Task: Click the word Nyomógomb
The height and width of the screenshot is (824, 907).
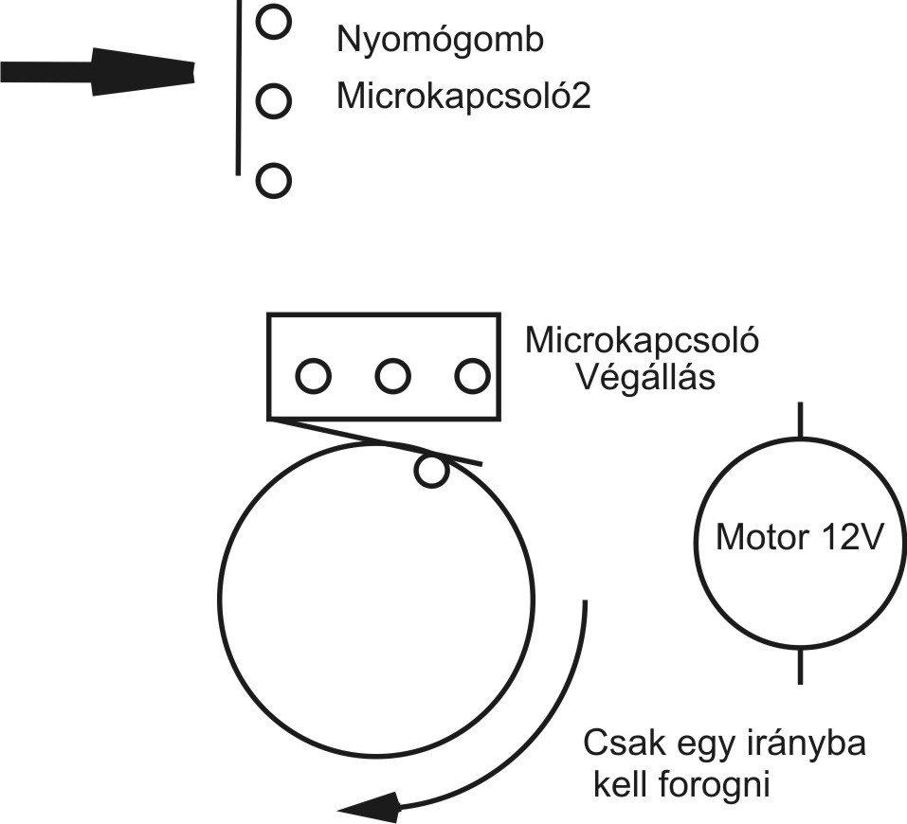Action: click(441, 42)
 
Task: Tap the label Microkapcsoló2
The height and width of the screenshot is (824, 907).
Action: click(463, 98)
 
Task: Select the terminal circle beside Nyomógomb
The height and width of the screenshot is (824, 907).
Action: click(272, 22)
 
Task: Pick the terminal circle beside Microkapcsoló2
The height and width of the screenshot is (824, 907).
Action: click(272, 99)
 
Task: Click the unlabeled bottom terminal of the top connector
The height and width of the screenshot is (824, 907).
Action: click(272, 180)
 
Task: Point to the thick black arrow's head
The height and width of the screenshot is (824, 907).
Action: click(142, 71)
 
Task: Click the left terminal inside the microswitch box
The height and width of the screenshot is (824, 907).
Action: click(314, 377)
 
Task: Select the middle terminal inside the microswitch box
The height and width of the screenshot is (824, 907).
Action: click(392, 377)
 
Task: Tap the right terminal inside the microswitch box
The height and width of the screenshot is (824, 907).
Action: click(471, 377)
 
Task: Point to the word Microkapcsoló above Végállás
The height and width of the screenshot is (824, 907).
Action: click(643, 339)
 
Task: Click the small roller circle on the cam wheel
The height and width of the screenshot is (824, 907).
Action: click(432, 471)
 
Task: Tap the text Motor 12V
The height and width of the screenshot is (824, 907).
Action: click(800, 539)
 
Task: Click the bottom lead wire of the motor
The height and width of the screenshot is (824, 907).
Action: click(801, 666)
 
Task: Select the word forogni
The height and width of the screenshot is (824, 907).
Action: click(712, 785)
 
